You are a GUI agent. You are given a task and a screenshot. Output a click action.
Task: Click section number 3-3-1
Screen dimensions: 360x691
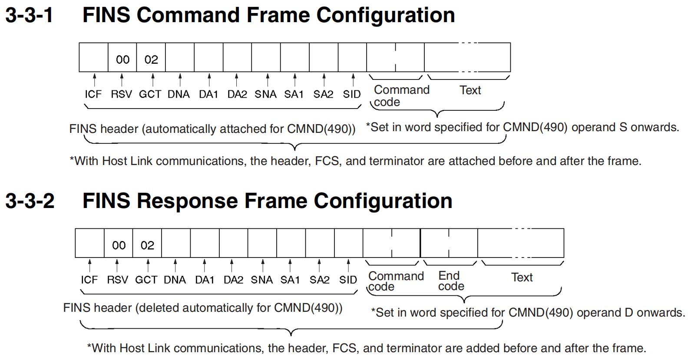pos(29,16)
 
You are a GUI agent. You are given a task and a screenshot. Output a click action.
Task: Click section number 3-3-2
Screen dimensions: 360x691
pos(30,201)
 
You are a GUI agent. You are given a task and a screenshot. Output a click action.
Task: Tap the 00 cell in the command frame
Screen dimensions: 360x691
pos(122,59)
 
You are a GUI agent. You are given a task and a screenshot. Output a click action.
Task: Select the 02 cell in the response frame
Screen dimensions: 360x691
pos(147,245)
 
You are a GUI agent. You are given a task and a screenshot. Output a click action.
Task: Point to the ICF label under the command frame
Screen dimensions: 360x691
pos(93,94)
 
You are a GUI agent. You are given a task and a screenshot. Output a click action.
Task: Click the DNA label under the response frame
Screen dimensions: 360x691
pos(175,280)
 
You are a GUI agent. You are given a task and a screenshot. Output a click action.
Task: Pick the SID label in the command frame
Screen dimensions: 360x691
pos(351,94)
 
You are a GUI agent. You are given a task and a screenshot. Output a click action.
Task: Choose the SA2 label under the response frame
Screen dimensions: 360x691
pos(319,280)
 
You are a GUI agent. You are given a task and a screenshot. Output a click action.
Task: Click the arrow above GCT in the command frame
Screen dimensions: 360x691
pos(152,80)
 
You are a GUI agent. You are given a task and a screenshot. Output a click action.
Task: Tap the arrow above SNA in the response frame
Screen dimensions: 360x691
pos(263,265)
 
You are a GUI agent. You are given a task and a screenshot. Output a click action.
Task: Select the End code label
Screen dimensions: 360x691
pos(451,281)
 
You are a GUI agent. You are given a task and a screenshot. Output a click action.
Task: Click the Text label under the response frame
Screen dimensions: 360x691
pos(522,277)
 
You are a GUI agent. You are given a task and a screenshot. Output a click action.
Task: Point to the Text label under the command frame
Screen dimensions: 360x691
pos(470,90)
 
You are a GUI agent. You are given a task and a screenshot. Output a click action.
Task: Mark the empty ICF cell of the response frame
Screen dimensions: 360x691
pos(89,243)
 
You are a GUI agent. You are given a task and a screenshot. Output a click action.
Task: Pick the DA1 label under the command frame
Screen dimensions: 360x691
pos(208,94)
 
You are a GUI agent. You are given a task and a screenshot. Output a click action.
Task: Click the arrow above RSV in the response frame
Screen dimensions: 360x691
pos(117,265)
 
